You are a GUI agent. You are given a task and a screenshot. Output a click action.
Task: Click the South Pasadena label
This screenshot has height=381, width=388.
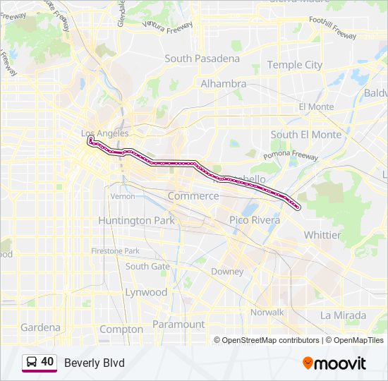click(202, 59)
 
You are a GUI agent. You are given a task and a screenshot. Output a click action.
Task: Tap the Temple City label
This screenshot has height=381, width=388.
click(294, 65)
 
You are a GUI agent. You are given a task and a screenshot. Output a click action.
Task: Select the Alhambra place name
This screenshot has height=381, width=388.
click(223, 83)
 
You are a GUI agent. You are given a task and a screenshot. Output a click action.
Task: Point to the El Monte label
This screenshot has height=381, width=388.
click(315, 107)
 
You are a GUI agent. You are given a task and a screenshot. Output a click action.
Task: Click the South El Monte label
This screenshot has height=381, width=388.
click(305, 134)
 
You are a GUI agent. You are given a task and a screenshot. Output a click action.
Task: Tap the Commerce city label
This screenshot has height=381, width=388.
click(193, 195)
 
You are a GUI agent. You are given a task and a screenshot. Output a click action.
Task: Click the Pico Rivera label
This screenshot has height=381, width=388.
click(254, 220)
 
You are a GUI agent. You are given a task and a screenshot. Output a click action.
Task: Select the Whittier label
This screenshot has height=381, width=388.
click(322, 235)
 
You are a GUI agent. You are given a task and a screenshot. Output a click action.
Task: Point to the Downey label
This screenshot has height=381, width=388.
click(227, 272)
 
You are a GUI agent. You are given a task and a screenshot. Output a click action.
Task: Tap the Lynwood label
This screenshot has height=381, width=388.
click(146, 292)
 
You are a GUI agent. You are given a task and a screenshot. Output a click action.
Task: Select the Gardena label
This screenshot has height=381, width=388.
click(40, 327)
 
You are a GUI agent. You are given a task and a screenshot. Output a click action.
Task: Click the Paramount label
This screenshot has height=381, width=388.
click(178, 325)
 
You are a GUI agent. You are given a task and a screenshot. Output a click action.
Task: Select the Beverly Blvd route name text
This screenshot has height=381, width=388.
click(94, 363)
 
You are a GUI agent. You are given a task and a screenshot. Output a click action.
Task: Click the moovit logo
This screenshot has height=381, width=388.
click(334, 363)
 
